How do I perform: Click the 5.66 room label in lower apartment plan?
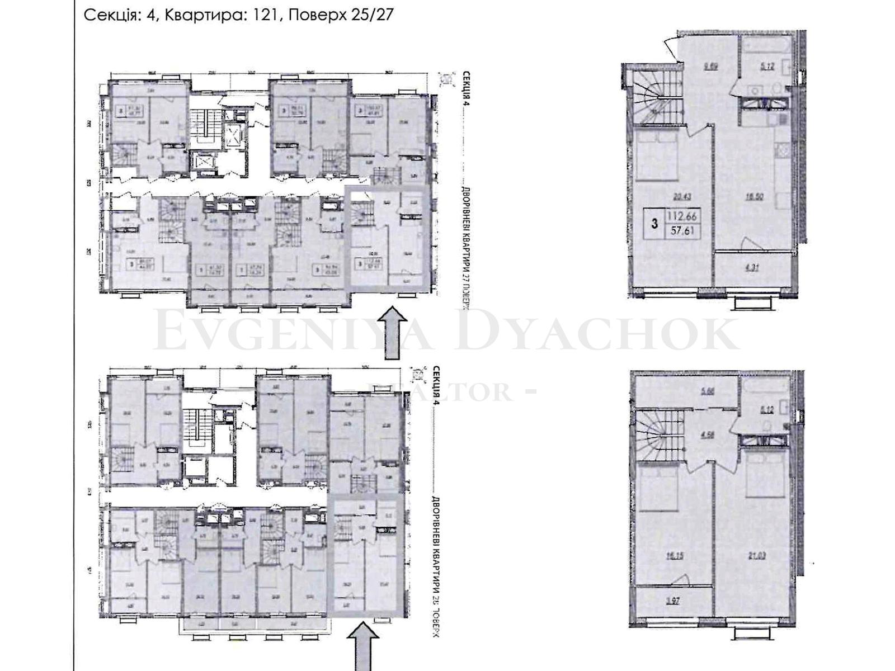[x=708, y=393]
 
